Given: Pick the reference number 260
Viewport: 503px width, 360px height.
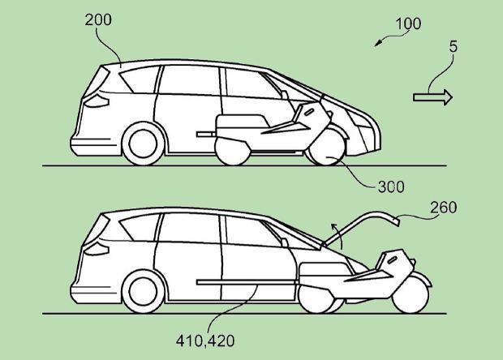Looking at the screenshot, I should [x=441, y=208].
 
